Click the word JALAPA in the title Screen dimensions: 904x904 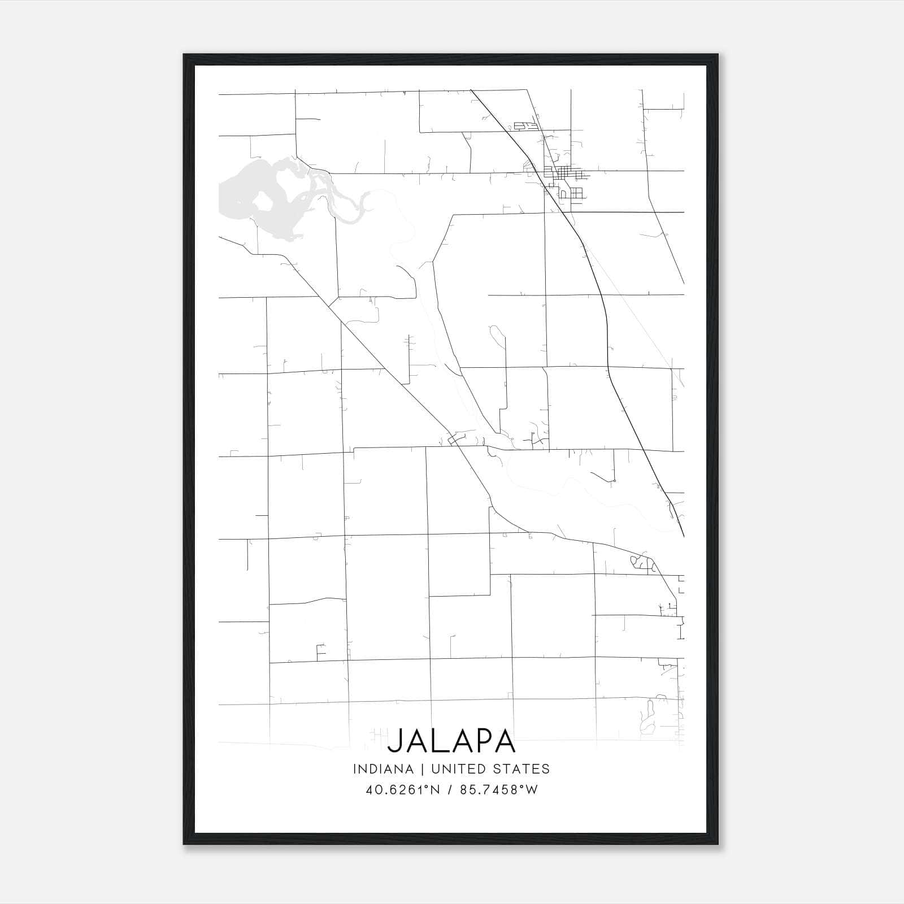[451, 741]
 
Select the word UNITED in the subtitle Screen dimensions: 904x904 [457, 769]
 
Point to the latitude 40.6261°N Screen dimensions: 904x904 [402, 789]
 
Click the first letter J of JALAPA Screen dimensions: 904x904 [394, 742]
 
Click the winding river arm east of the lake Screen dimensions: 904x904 [345, 206]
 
